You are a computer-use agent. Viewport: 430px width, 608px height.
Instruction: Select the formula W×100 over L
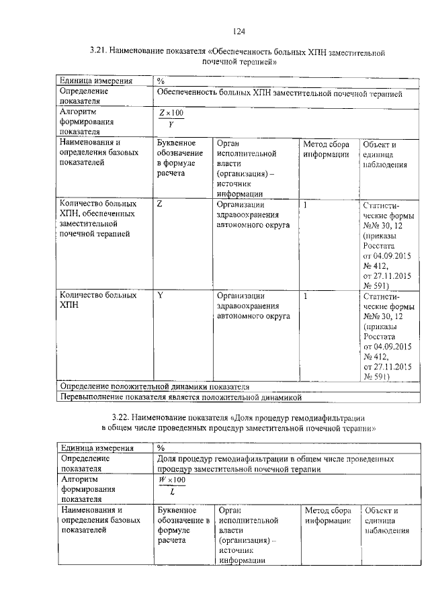172,485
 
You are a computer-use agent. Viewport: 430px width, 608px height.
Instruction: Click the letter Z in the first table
159,204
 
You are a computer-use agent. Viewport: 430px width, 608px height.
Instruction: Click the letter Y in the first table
160,295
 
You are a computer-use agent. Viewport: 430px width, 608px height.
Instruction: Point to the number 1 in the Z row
306,204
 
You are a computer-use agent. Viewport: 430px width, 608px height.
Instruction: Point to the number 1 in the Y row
306,295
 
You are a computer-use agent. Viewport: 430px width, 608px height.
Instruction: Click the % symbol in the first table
161,81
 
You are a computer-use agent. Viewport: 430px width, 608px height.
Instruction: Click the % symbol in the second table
161,448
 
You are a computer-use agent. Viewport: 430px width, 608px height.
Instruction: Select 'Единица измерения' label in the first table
95,81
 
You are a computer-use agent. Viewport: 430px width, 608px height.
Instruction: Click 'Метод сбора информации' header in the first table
326,149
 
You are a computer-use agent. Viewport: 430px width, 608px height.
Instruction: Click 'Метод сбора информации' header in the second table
328,515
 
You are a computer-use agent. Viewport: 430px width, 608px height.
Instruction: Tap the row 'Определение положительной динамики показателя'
155,387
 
